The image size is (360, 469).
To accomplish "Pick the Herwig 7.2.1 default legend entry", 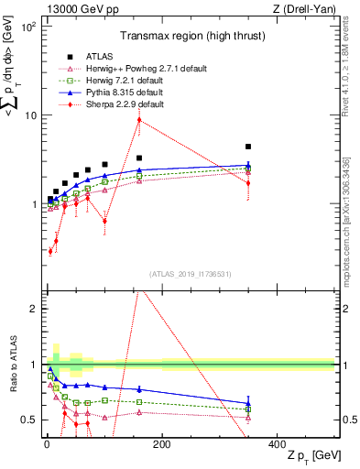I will click(115, 80).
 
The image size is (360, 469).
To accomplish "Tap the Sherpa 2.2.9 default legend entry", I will click(115, 104).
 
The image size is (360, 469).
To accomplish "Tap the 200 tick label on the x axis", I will click(161, 444).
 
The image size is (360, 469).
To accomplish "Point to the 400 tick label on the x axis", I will click(277, 444).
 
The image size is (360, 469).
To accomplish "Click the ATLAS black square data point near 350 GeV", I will click(248, 147).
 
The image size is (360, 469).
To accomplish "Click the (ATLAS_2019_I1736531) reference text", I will click(190, 274).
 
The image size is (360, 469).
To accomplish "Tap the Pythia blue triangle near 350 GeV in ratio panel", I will click(248, 403).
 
